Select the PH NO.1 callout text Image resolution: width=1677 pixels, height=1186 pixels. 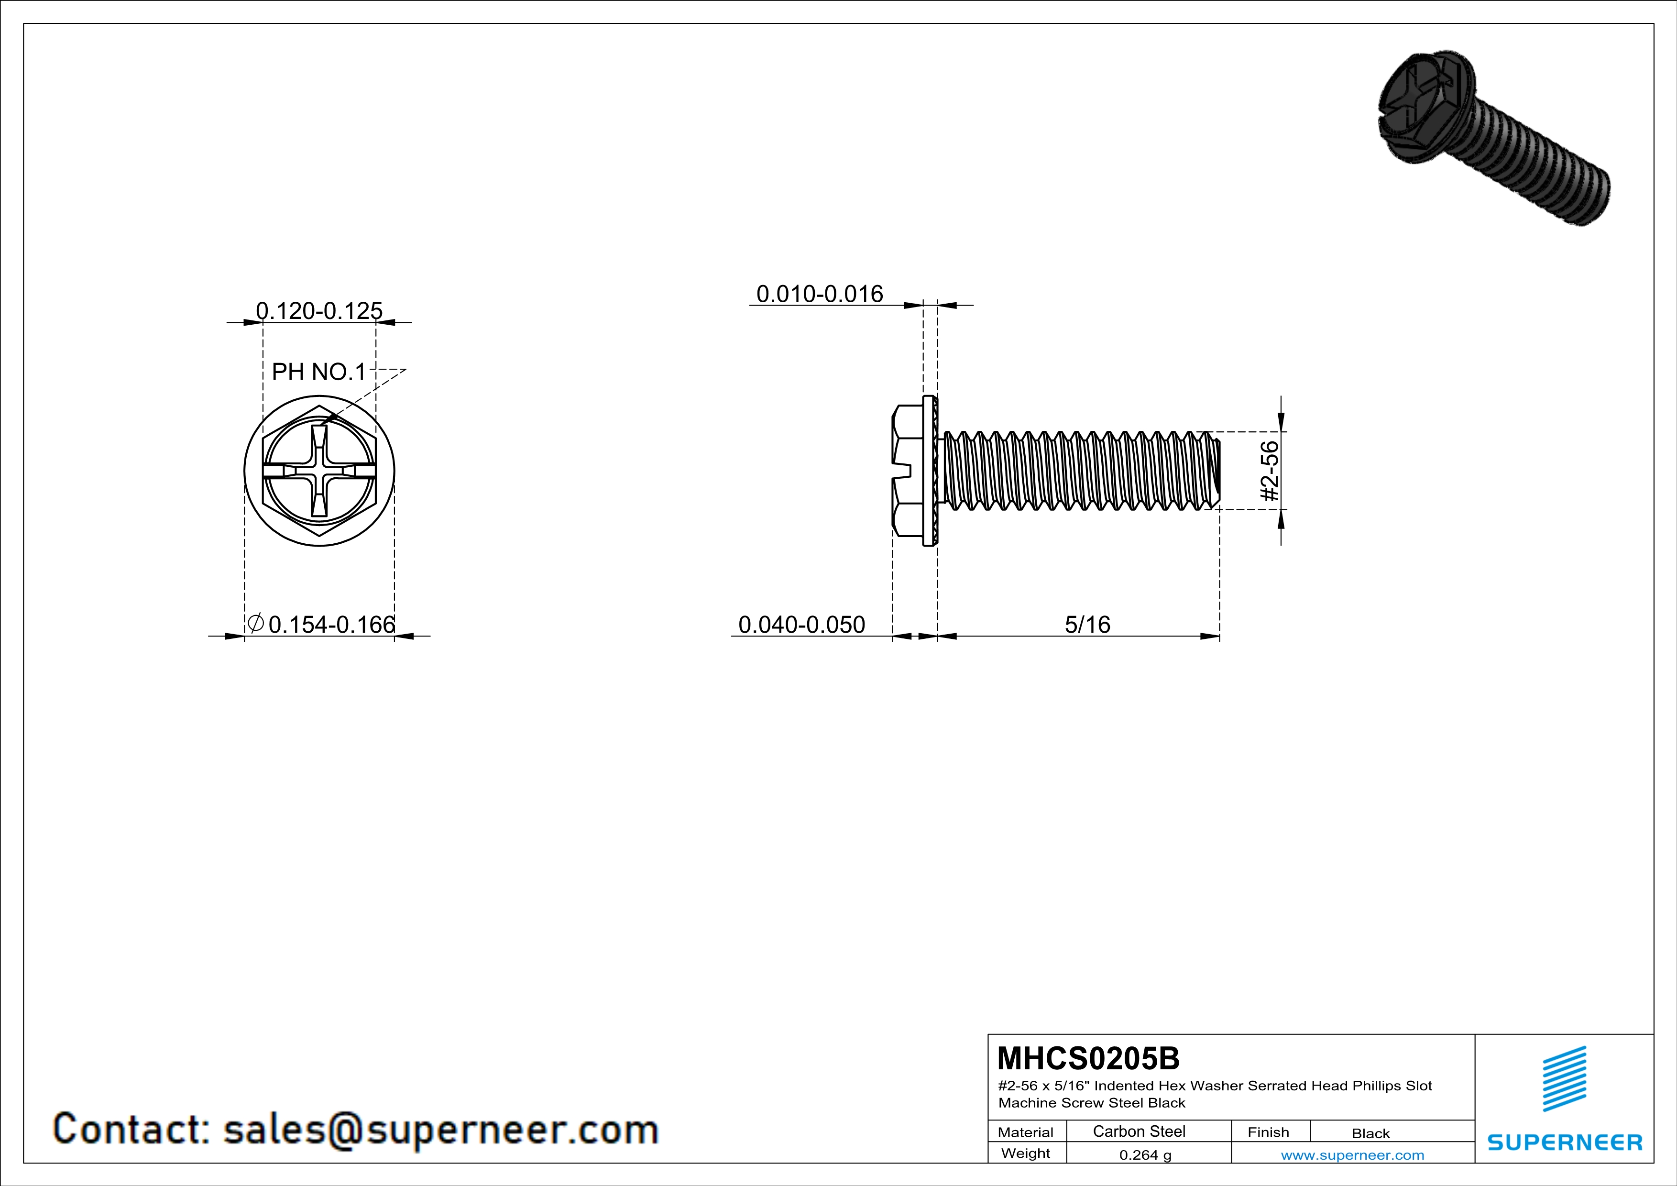pos(318,372)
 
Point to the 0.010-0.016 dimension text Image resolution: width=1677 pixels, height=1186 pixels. pos(820,294)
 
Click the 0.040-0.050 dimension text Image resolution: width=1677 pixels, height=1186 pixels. pos(801,625)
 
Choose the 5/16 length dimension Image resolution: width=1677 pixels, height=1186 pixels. pos(1087,625)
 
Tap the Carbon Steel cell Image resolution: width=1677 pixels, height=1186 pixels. pos(1139,1131)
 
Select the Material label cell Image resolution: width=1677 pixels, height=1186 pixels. pos(1026,1132)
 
